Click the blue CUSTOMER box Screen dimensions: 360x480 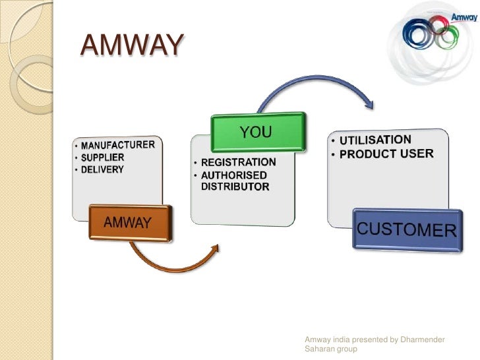tap(406, 229)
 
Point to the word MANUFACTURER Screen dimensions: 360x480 tap(118, 144)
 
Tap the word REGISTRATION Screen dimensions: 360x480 tap(238, 162)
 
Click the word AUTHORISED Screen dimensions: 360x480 tap(233, 175)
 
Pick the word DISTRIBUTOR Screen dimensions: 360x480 tap(235, 187)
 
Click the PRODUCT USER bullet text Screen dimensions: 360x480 tap(386, 154)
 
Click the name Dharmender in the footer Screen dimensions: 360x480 tap(420, 340)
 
